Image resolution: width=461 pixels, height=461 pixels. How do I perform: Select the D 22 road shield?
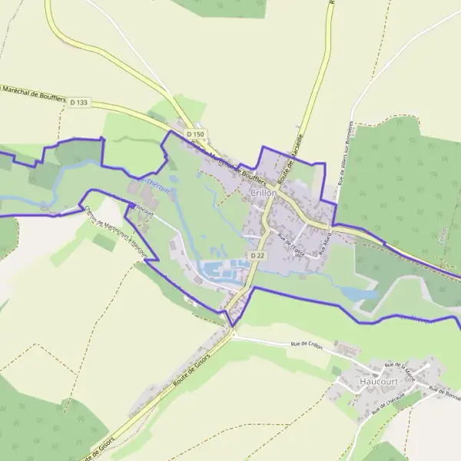[256, 255]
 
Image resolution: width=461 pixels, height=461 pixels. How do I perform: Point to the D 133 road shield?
[78, 102]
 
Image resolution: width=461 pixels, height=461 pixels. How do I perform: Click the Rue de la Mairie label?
[400, 368]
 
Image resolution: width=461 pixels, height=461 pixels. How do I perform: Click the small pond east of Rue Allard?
[358, 293]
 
